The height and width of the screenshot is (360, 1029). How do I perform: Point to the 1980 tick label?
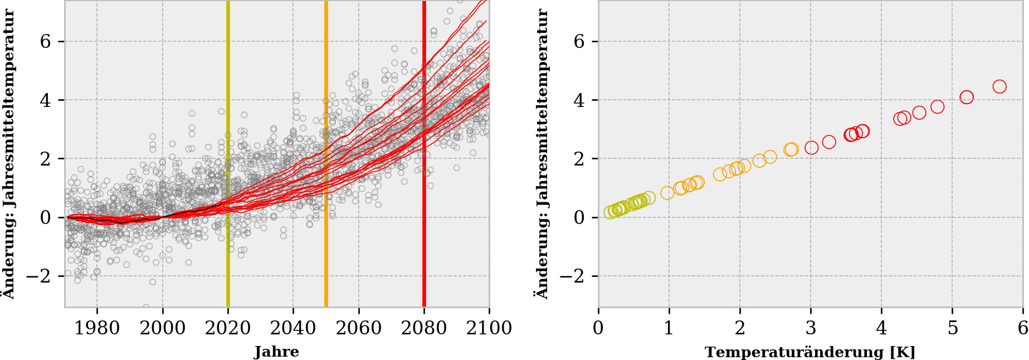(x=97, y=328)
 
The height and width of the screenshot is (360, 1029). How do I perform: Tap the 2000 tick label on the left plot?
(x=163, y=328)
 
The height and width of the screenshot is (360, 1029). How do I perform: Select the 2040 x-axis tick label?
(x=293, y=328)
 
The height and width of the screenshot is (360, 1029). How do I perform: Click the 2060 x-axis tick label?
(x=359, y=328)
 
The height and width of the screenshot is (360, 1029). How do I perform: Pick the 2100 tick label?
(x=489, y=328)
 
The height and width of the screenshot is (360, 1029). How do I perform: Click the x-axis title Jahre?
(x=277, y=352)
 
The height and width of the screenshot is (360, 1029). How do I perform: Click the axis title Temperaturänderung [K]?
(x=810, y=352)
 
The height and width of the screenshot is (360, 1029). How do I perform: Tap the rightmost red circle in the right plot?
(x=999, y=86)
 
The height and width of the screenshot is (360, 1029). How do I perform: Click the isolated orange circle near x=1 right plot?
(x=667, y=193)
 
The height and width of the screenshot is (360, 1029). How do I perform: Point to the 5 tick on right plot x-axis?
(x=952, y=328)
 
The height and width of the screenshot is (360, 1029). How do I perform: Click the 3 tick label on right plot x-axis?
(x=811, y=328)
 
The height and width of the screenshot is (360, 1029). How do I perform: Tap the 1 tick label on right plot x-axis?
(x=669, y=328)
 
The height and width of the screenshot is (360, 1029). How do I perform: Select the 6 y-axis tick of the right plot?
(x=579, y=42)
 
